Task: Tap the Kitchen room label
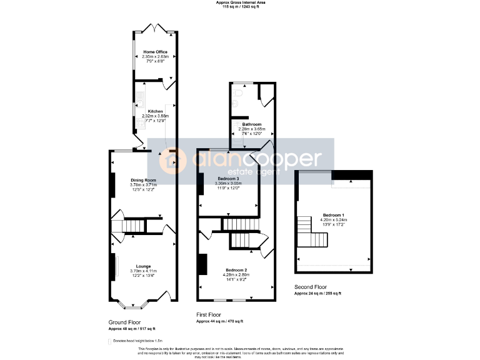click(x=155, y=111)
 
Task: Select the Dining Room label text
click(x=143, y=180)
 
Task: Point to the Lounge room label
click(x=144, y=266)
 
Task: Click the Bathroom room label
click(x=252, y=124)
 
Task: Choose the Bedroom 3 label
click(x=229, y=179)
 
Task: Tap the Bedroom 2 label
click(x=236, y=269)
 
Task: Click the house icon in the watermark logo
click(x=171, y=162)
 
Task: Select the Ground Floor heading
click(x=124, y=322)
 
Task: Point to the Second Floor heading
click(x=310, y=287)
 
